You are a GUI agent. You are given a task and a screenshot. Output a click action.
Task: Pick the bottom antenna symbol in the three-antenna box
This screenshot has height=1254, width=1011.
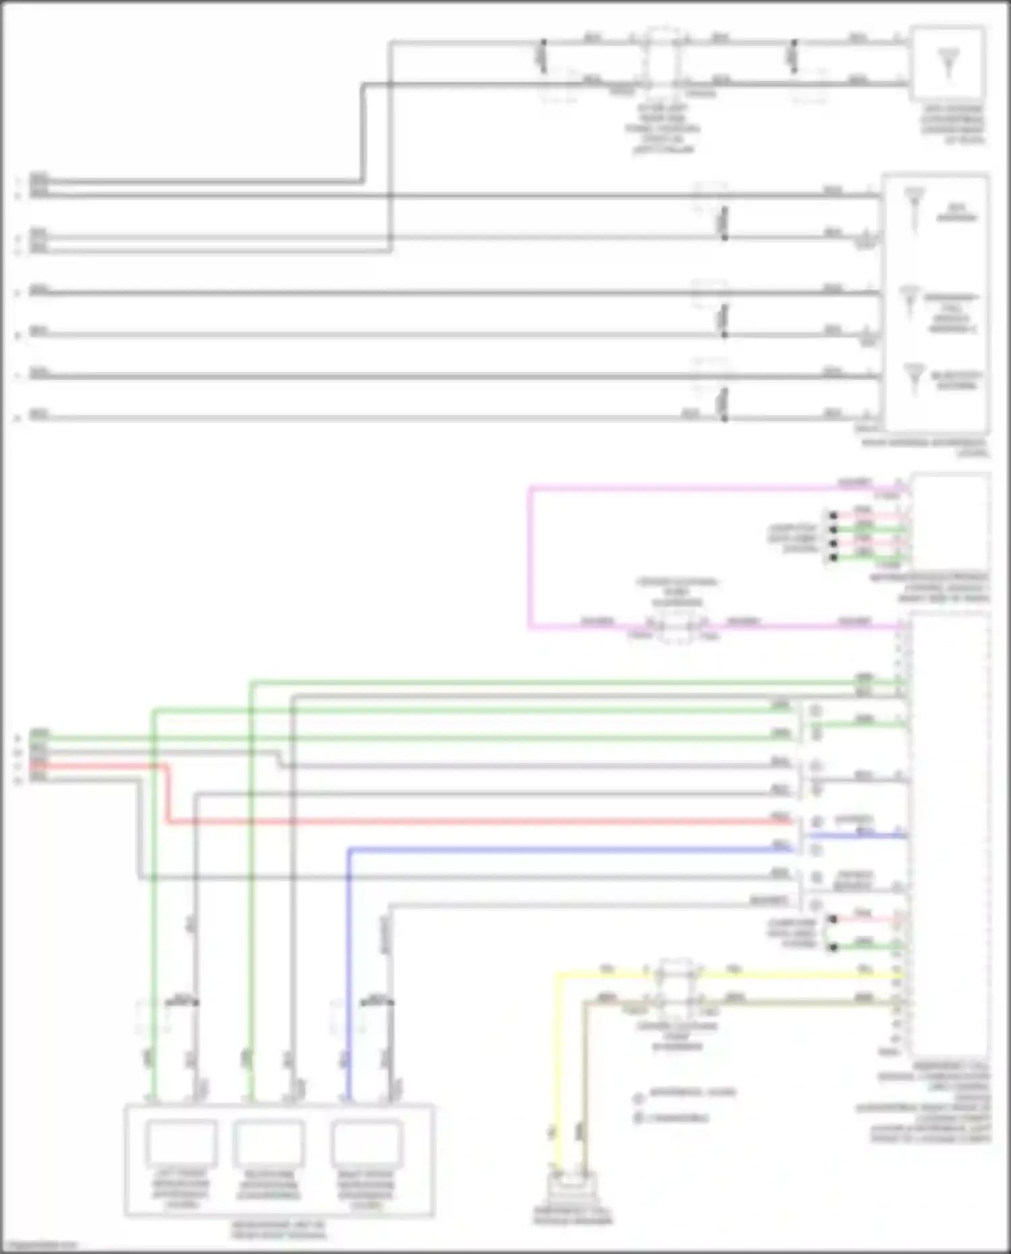(914, 377)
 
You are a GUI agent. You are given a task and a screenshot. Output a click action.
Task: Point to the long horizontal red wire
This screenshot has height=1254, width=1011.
(472, 822)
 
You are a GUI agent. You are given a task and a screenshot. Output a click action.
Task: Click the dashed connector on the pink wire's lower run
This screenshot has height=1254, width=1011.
(677, 627)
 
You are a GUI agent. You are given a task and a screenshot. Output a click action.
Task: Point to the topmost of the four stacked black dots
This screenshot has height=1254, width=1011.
(833, 516)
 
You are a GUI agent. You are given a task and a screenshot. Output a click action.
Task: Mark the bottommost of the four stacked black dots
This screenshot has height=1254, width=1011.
(833, 557)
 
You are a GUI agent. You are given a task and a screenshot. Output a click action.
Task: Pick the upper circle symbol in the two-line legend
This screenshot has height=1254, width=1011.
(638, 1099)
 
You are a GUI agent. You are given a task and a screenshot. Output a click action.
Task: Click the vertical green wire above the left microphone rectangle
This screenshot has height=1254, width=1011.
(154, 876)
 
